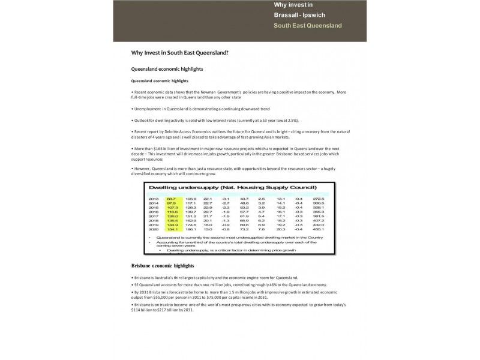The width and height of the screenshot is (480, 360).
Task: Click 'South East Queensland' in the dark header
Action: (307, 26)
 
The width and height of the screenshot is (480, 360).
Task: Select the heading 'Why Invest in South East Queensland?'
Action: (179, 53)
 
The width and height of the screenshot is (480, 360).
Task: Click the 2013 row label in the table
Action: (153, 199)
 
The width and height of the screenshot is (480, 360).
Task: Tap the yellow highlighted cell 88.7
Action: (172, 199)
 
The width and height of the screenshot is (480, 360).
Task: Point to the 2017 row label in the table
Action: (153, 216)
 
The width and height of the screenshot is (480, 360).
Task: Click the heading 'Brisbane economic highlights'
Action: (162, 265)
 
